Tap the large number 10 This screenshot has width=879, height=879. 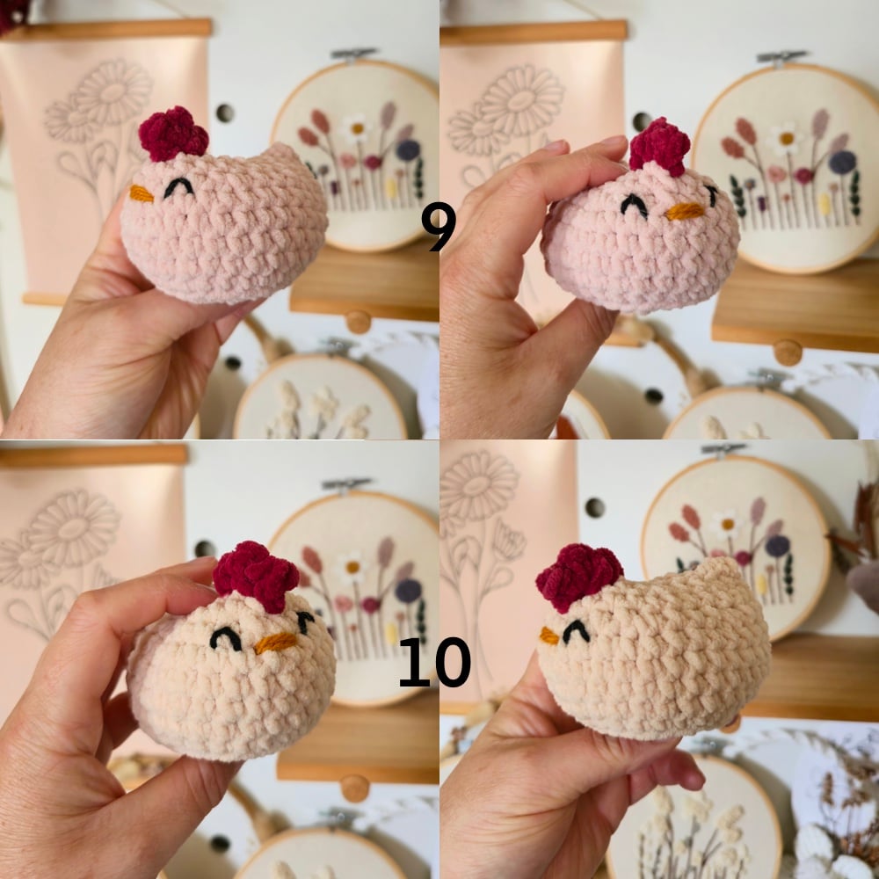click(434, 662)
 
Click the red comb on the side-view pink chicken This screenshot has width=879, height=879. click(173, 134)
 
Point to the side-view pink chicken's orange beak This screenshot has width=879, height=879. click(141, 194)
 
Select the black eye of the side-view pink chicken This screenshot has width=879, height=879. click(179, 188)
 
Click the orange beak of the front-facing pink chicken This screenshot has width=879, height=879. click(685, 211)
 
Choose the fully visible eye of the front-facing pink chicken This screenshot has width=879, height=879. click(634, 205)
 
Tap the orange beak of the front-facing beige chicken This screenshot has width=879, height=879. click(275, 643)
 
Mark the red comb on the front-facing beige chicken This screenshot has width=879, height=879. click(256, 576)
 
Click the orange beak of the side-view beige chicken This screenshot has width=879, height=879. click(548, 636)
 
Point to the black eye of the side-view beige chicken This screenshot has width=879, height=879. click(577, 631)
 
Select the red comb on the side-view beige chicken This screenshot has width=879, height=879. click(579, 577)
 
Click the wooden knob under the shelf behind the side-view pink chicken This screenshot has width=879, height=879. click(359, 321)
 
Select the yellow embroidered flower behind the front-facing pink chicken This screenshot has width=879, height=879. click(825, 205)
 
